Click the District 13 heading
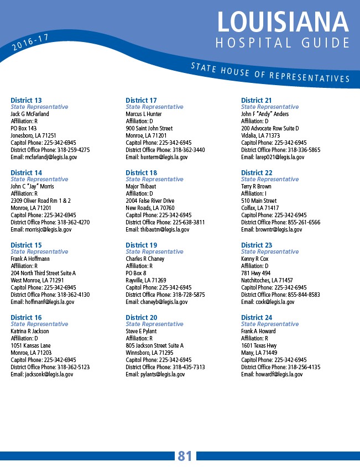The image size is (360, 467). pos(26,100)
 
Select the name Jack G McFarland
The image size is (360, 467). pos(30,114)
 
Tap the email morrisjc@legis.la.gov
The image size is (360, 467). pos(41,229)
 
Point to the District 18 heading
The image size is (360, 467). pos(141,172)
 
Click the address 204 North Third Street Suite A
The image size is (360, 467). pos(43,273)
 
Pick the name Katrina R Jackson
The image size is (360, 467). pos(30,331)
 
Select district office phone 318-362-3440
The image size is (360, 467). pos(165,150)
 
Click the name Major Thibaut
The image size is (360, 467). pos(141,186)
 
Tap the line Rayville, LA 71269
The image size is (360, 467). pos(146,280)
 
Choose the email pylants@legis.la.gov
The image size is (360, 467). pos(156,374)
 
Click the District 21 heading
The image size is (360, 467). pos(257,100)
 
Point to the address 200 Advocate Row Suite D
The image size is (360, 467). pos(270,128)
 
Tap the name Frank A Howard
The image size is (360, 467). pos(258,331)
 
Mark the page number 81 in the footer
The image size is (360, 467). pos(185,456)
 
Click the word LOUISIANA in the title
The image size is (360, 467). pos(283,22)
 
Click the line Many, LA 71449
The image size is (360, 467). pos(259,353)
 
